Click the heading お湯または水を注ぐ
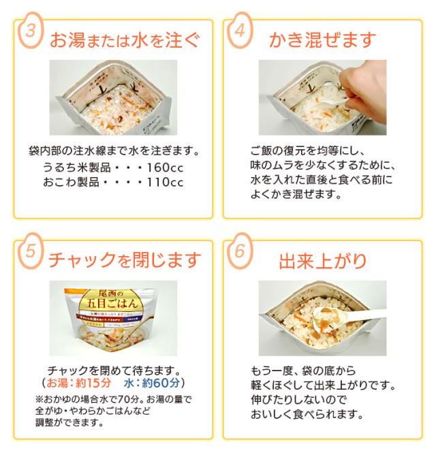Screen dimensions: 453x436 [x=125, y=40]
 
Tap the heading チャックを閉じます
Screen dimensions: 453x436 [x=125, y=260]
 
